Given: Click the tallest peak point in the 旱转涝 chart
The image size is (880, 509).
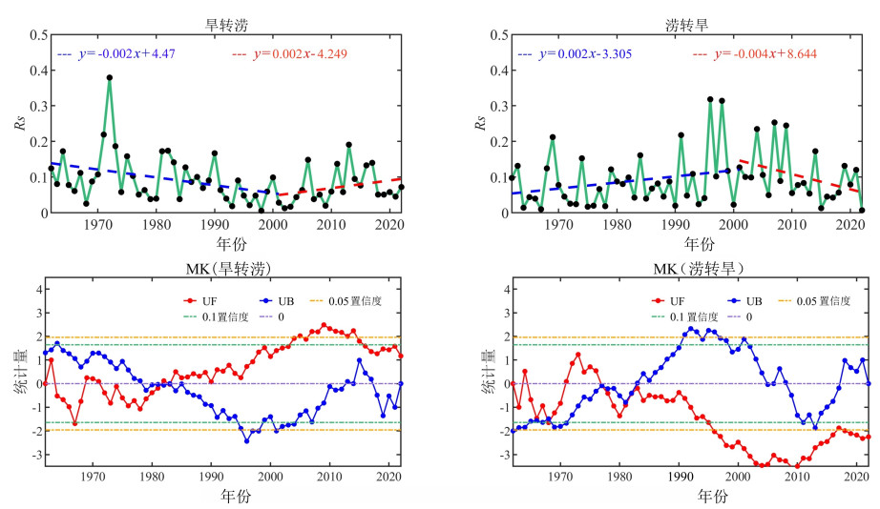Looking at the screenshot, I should pyautogui.click(x=110, y=77).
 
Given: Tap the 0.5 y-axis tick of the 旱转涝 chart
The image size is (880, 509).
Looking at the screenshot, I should pyautogui.click(x=33, y=35).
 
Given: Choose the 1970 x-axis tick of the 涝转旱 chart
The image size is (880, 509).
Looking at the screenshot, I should pyautogui.click(x=556, y=223).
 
